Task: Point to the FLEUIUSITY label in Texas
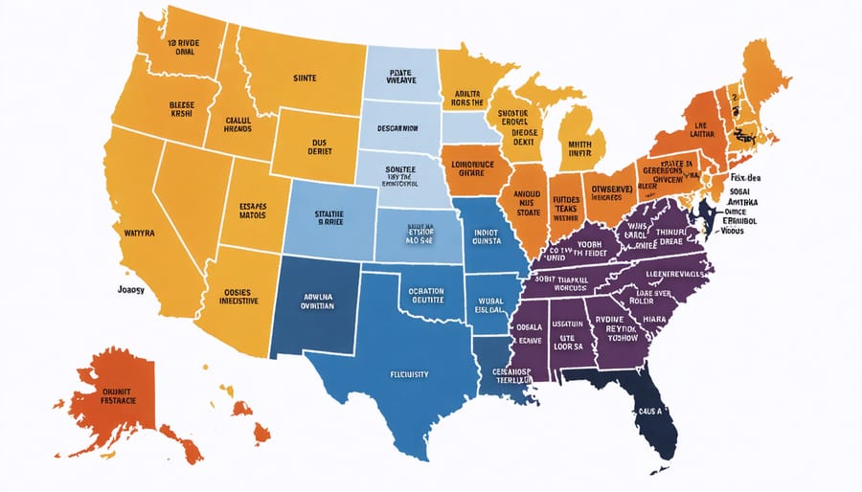pyautogui.click(x=409, y=373)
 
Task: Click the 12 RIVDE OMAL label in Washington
pyautogui.click(x=185, y=48)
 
